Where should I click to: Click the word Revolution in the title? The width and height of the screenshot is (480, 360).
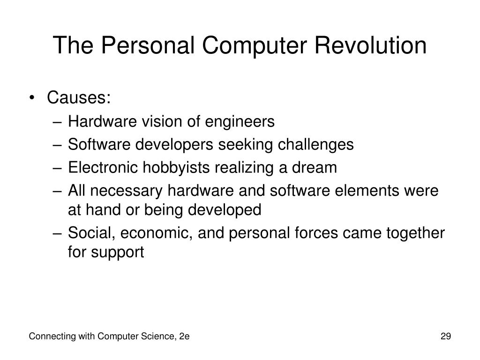point(370,45)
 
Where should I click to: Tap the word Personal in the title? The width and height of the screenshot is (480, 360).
point(148,45)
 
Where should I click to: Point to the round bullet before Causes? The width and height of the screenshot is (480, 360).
point(32,98)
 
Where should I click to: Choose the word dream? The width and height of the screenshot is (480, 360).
point(315,167)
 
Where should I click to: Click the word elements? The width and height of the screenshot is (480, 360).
point(367,190)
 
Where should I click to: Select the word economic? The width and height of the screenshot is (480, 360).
point(156,233)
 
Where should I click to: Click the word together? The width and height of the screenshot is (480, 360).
point(415,233)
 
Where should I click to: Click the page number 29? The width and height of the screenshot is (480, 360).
point(446,336)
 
